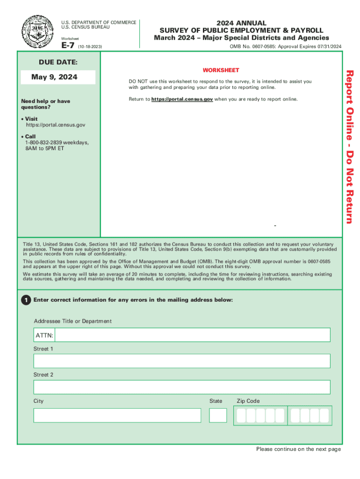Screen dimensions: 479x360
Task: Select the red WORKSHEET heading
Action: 221,70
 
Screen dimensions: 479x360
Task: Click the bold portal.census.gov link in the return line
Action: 182,99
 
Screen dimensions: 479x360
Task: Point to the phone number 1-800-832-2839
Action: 43,142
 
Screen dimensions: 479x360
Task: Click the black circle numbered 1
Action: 26,300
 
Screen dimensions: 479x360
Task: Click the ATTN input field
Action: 192,335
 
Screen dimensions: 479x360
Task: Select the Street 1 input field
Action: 182,361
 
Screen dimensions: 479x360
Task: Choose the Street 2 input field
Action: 182,387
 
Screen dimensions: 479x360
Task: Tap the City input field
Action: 117,415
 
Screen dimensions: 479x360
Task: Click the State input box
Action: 218,415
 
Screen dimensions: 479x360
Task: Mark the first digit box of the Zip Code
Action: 241,415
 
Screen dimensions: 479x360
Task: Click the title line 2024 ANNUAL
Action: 241,23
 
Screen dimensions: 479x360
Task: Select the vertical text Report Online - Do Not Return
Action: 350,146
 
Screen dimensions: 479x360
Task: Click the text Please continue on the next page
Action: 298,449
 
